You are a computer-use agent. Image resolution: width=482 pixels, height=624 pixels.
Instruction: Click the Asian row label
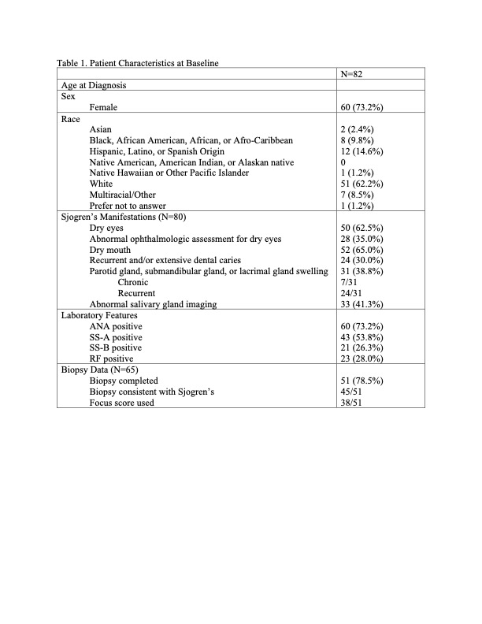coord(102,129)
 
